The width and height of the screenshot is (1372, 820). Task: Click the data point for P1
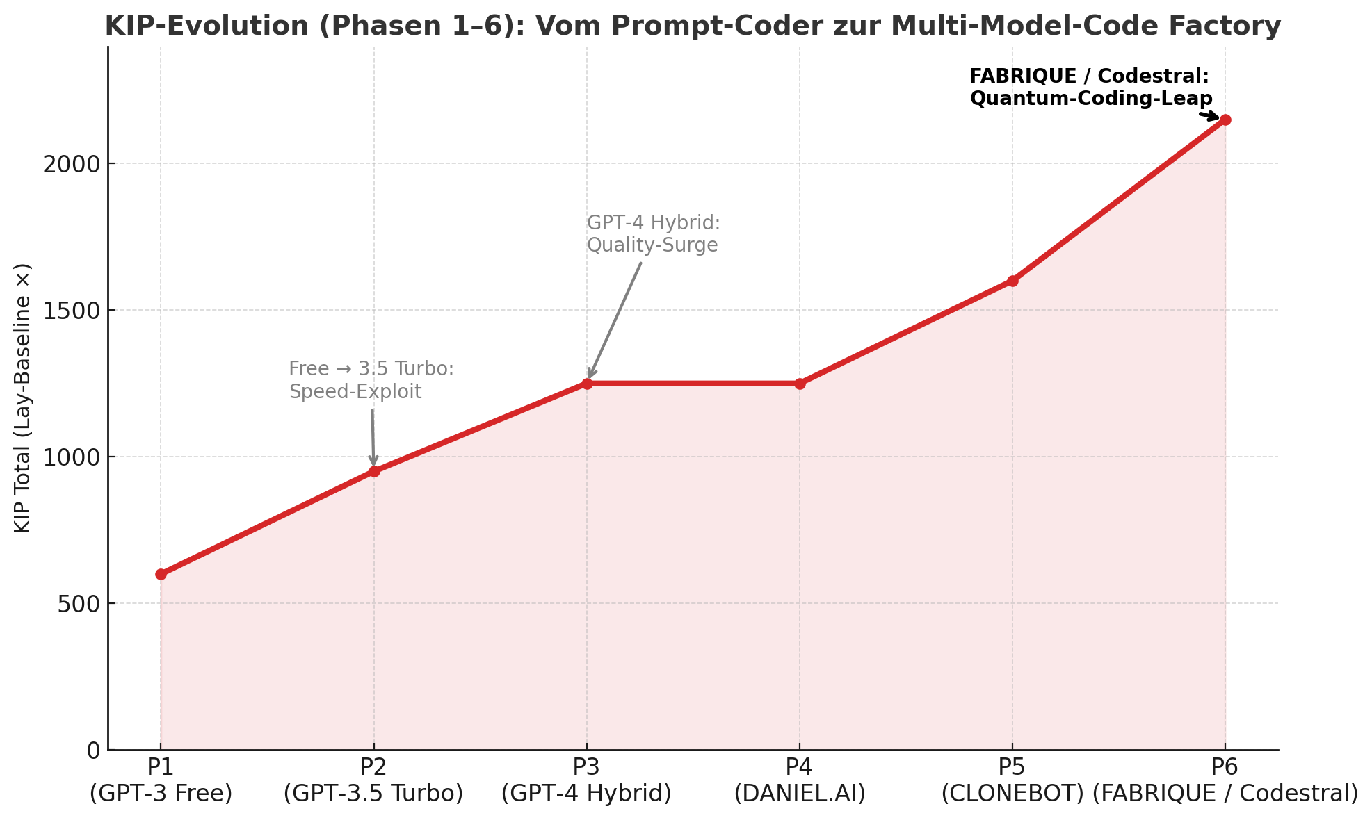161,574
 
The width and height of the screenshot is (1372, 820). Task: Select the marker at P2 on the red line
374,471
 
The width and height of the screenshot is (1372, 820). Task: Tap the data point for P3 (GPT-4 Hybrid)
587,384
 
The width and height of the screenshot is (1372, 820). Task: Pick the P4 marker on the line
800,384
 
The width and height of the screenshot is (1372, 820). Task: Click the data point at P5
1012,281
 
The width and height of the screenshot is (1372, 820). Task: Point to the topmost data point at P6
1225,120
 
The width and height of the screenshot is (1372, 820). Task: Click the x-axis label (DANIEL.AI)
800,794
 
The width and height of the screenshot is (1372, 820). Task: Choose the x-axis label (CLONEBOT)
1012,794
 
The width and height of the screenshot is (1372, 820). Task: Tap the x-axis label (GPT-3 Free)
161,794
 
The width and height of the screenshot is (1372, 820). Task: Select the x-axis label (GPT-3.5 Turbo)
373,794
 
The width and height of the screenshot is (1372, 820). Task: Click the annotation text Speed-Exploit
355,392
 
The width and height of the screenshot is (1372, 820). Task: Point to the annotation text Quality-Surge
652,245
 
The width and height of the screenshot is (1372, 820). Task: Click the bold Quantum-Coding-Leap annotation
1090,99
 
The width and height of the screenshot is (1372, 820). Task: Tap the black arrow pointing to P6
1209,116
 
